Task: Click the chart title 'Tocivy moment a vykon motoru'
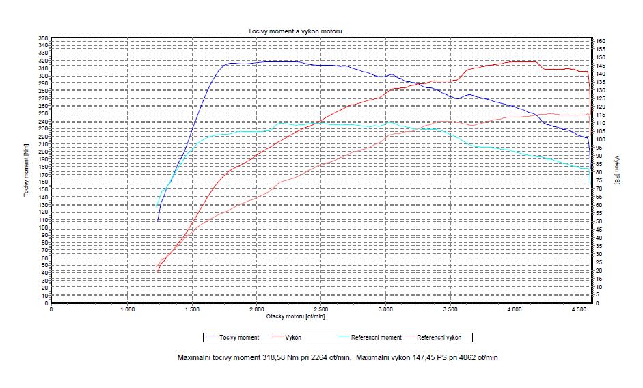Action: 295,31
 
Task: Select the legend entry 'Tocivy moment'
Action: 240,337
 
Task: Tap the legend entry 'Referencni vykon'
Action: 439,337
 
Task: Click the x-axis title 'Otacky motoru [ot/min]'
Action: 295,316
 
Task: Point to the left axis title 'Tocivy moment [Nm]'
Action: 27,170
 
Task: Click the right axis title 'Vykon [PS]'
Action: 616,170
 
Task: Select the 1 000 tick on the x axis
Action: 127,309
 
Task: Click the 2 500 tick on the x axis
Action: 320,309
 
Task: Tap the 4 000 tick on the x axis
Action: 514,309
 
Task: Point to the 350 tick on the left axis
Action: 43,38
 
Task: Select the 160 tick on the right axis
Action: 601,41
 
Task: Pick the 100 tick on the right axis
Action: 601,139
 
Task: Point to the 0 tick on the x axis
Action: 51,309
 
